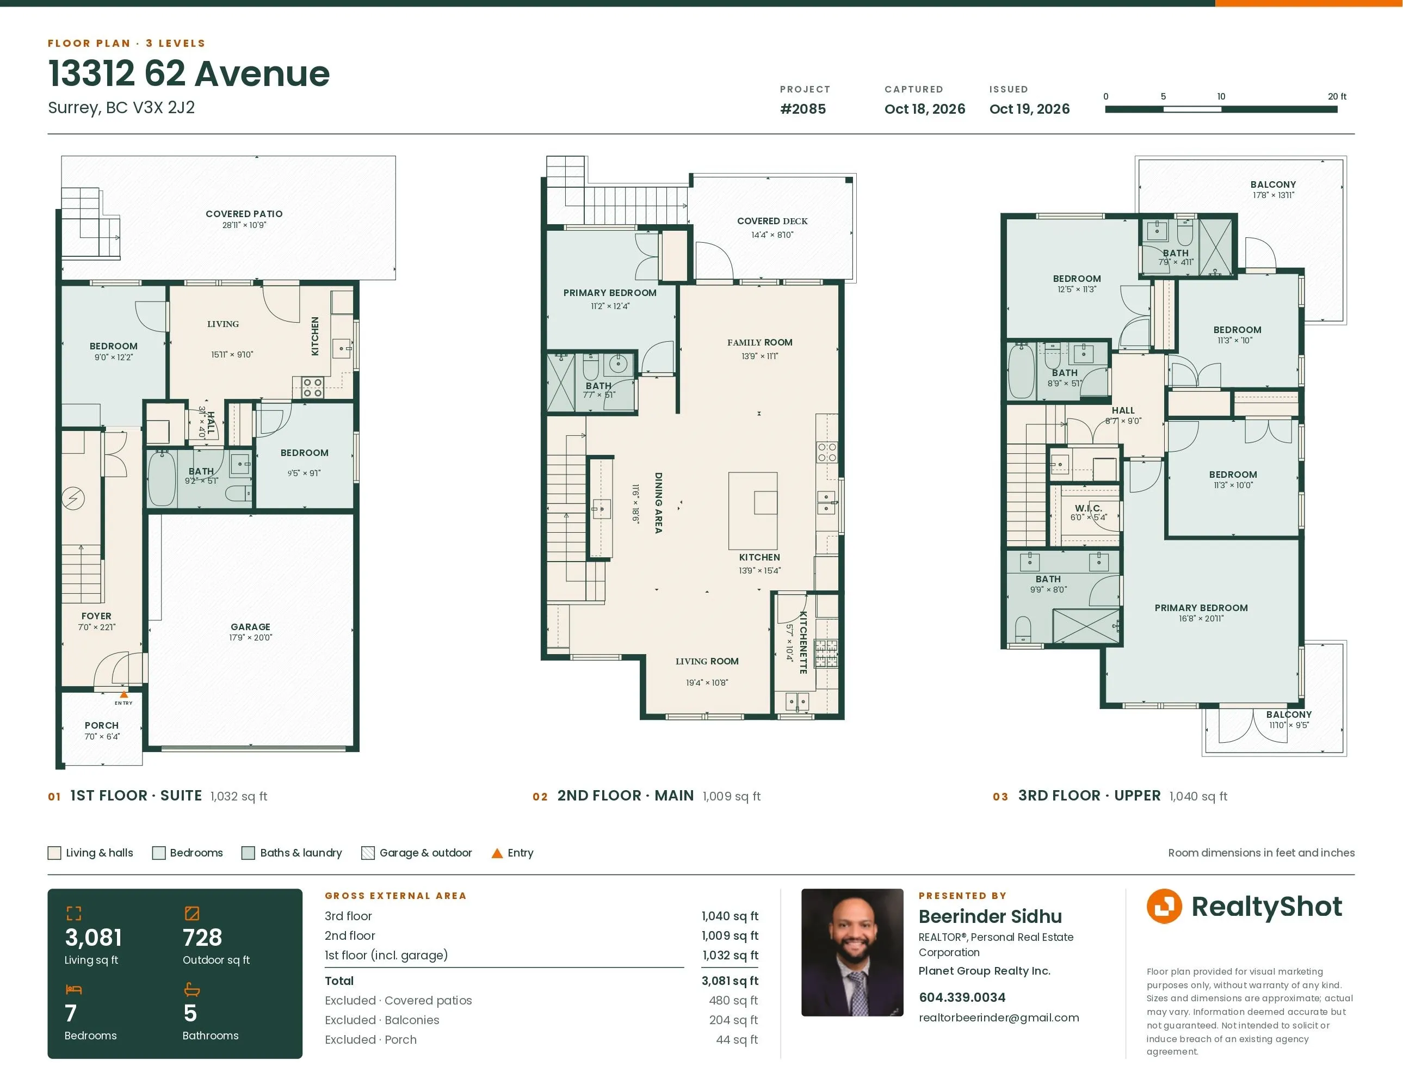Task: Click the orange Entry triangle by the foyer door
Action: [124, 694]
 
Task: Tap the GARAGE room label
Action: [251, 626]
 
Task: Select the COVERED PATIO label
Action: [244, 214]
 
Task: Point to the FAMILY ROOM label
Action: [759, 342]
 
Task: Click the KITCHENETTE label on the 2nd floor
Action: [803, 642]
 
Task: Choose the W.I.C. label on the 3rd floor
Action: [1088, 508]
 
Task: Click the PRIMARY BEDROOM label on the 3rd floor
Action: [1201, 608]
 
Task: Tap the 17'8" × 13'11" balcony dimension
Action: [1273, 195]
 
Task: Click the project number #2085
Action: [803, 109]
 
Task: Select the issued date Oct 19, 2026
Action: [1029, 109]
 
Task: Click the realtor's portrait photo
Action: [852, 952]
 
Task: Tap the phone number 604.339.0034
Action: [962, 997]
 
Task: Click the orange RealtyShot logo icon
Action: [1164, 906]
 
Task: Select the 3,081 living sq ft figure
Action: [93, 938]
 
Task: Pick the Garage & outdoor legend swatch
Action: [368, 853]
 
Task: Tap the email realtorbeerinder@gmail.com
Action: [999, 1018]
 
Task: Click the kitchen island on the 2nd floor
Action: [753, 511]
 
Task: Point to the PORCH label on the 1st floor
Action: [102, 725]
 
